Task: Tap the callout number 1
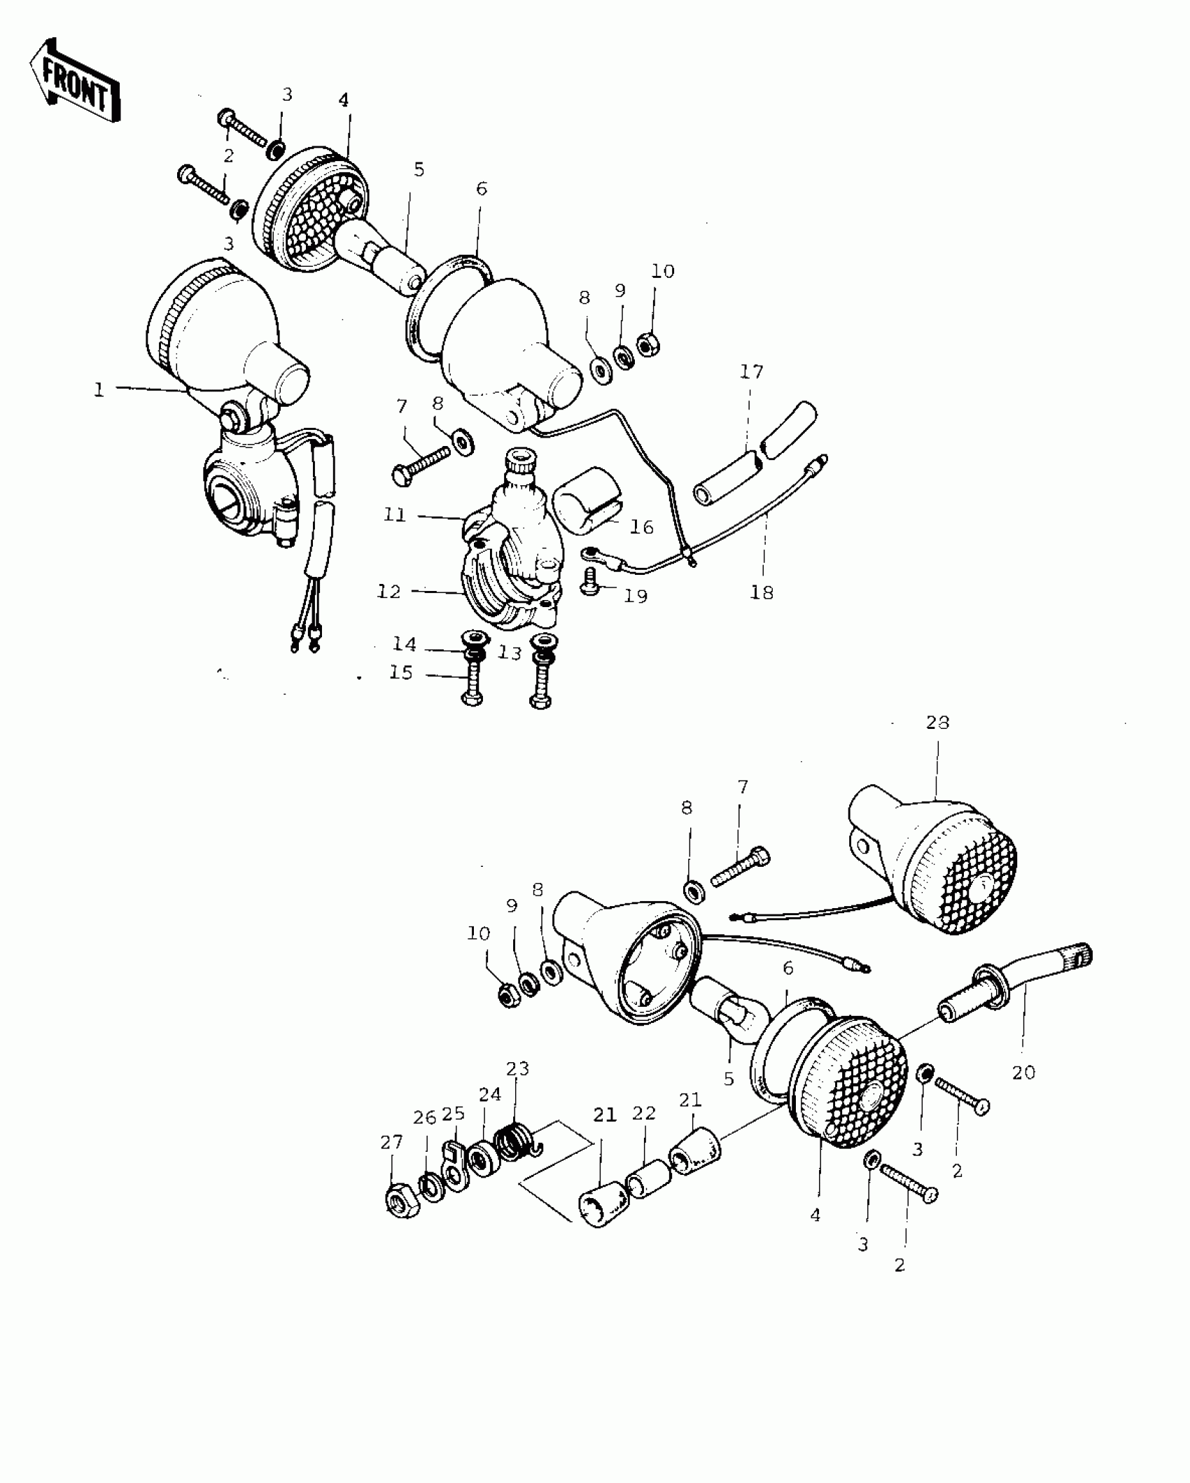(99, 390)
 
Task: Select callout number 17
(752, 372)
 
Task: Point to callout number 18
(762, 592)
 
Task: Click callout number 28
(937, 722)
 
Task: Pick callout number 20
(1023, 1072)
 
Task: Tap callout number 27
(392, 1142)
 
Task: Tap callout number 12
(389, 592)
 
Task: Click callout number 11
(395, 515)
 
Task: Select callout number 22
(644, 1113)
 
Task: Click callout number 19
(636, 597)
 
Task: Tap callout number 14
(405, 643)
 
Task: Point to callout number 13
(510, 653)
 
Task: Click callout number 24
(490, 1094)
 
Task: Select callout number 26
(425, 1118)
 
